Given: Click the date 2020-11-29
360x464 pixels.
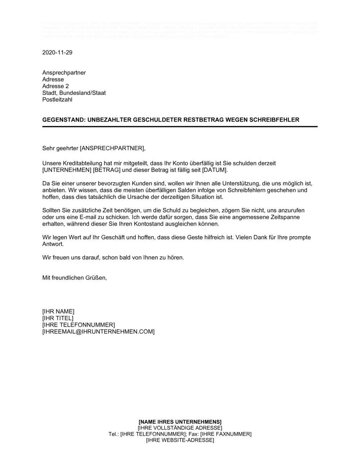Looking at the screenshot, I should (57, 53).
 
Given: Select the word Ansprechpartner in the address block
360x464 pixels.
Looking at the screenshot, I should (64, 73).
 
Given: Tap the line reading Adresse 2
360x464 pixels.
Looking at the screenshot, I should (55, 86).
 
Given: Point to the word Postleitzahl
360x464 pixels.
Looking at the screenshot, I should (57, 100).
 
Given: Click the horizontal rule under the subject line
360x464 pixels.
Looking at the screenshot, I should (180, 127).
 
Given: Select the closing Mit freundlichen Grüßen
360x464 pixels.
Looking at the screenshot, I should (75, 278).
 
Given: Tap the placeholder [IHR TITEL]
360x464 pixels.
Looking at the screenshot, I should (58, 318).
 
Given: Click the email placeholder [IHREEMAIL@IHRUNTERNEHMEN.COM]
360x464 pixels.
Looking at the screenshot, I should (98, 332).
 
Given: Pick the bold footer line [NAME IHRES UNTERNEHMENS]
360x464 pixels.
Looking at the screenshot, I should (180, 422).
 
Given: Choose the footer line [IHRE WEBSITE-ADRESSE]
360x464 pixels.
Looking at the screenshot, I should (180, 440).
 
